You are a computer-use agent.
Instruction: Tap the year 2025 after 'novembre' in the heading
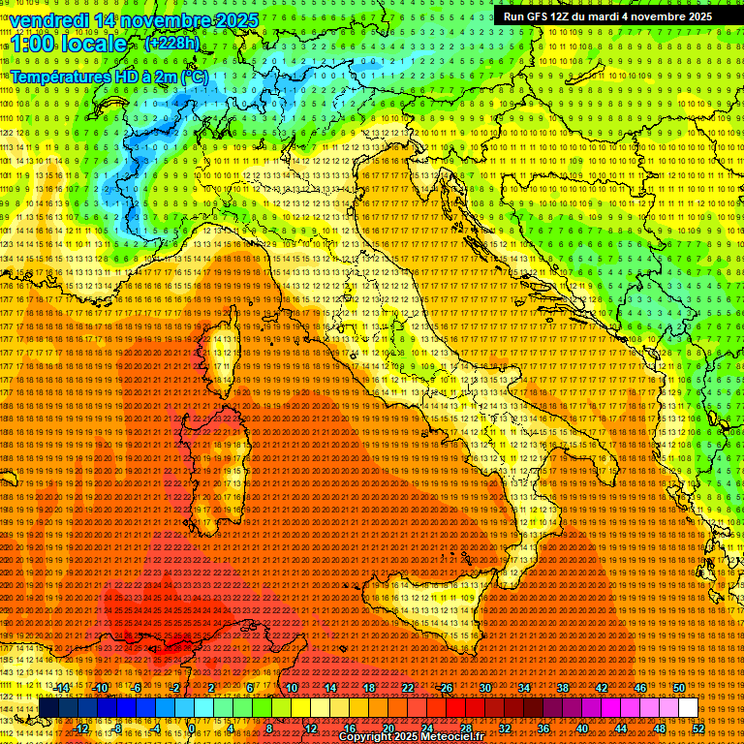(236, 20)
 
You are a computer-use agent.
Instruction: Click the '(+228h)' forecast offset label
(172, 43)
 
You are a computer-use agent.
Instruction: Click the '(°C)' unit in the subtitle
(194, 76)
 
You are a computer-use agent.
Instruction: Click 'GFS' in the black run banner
(539, 16)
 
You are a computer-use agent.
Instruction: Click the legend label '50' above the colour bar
(678, 689)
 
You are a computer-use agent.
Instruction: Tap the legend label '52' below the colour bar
(697, 728)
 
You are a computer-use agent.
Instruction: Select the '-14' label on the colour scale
(63, 689)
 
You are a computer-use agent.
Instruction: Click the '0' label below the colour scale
(192, 728)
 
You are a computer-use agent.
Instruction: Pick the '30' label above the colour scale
(484, 689)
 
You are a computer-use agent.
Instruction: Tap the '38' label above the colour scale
(562, 689)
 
